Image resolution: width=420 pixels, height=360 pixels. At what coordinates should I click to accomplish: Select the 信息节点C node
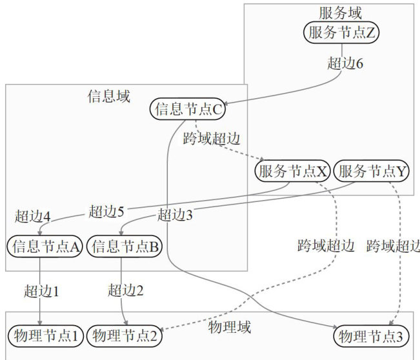(189, 109)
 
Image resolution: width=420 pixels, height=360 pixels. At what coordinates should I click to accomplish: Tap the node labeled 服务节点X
(293, 171)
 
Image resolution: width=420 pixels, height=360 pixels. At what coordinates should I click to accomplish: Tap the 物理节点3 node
(372, 335)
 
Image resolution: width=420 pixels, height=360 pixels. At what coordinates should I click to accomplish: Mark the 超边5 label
(106, 210)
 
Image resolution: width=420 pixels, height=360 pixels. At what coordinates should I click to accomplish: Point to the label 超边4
(32, 215)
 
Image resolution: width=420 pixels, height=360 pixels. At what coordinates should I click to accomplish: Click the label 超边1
(41, 290)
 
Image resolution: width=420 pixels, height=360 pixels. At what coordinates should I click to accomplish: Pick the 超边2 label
(126, 290)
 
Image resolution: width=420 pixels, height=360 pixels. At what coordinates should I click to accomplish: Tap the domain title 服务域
(341, 12)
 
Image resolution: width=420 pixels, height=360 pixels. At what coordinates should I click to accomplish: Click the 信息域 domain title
(108, 97)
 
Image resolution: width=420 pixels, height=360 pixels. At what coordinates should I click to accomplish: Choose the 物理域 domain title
(230, 327)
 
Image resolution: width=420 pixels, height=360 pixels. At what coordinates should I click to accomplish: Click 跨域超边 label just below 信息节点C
(212, 138)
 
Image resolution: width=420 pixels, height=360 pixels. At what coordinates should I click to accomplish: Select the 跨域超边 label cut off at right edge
(393, 246)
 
